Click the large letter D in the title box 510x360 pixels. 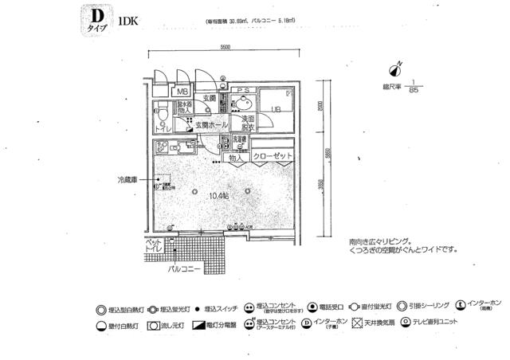(x=96, y=17)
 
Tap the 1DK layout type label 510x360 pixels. (x=127, y=22)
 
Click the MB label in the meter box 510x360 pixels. (x=182, y=92)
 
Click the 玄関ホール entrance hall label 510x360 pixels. (x=213, y=126)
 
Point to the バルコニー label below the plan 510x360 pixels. (x=183, y=269)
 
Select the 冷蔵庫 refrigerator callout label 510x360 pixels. (x=128, y=181)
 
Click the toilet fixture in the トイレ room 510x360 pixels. (x=163, y=119)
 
